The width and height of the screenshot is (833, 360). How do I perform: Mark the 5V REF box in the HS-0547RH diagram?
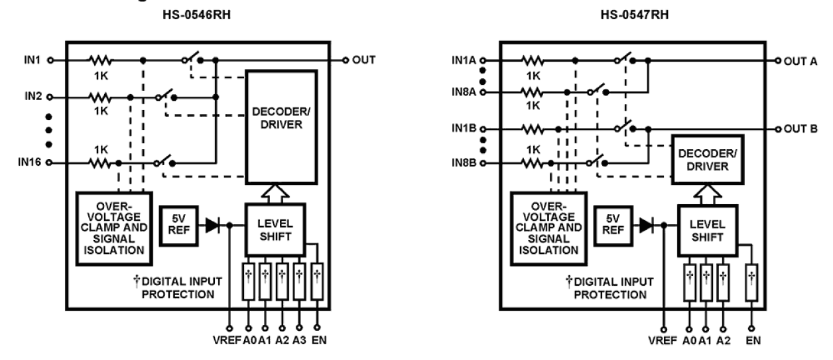click(611, 225)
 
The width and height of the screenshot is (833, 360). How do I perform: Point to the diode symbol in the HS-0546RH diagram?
click(212, 225)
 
